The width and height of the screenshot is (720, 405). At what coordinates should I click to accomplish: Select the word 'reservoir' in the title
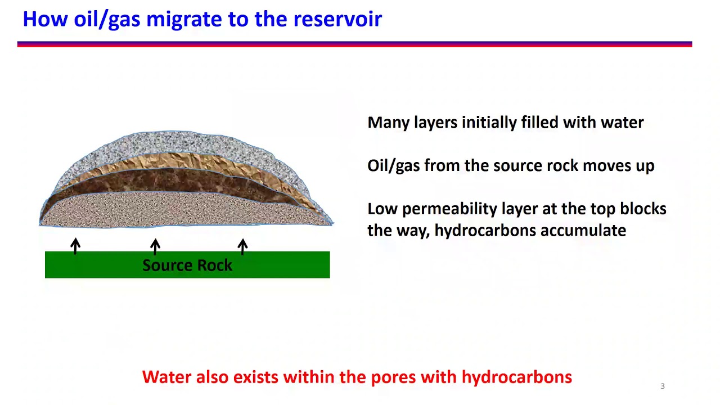pos(337,20)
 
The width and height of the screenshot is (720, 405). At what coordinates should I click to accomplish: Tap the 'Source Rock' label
pos(187,265)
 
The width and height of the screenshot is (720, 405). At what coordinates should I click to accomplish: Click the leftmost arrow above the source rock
pos(75,246)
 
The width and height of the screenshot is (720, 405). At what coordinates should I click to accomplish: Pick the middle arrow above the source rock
pos(155,246)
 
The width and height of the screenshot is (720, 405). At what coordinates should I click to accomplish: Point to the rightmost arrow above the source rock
pos(242,246)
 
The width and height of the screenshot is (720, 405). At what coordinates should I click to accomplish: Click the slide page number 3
pos(662,386)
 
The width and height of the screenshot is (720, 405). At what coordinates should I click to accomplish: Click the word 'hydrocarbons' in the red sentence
pos(516,377)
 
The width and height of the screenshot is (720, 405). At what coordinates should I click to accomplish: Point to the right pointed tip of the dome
pos(331,223)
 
